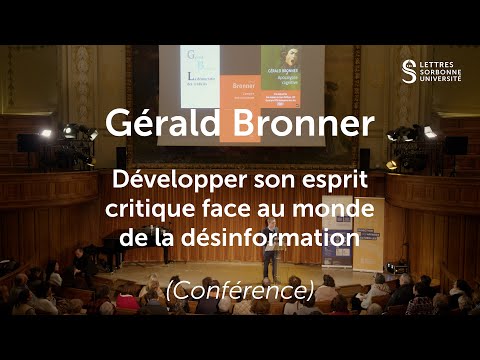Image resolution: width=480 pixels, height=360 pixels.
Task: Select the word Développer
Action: (187, 183)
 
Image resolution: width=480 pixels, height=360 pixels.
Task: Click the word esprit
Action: (333, 183)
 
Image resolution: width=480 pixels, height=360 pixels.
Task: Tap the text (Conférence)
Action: (241, 291)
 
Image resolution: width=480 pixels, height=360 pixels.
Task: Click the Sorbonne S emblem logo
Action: (408, 71)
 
